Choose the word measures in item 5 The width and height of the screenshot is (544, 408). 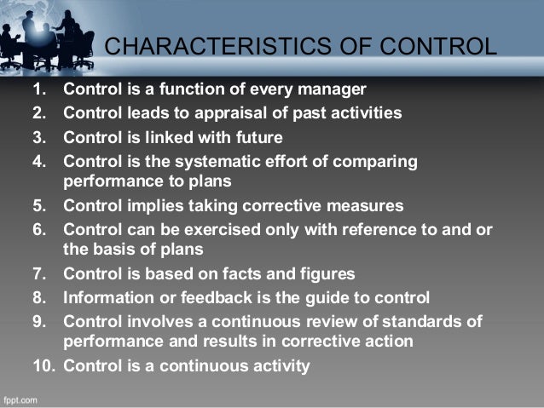(x=362, y=205)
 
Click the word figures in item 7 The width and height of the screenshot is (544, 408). (x=325, y=275)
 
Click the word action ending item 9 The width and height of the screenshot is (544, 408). (x=388, y=342)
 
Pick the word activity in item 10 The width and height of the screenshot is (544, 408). (x=281, y=366)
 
